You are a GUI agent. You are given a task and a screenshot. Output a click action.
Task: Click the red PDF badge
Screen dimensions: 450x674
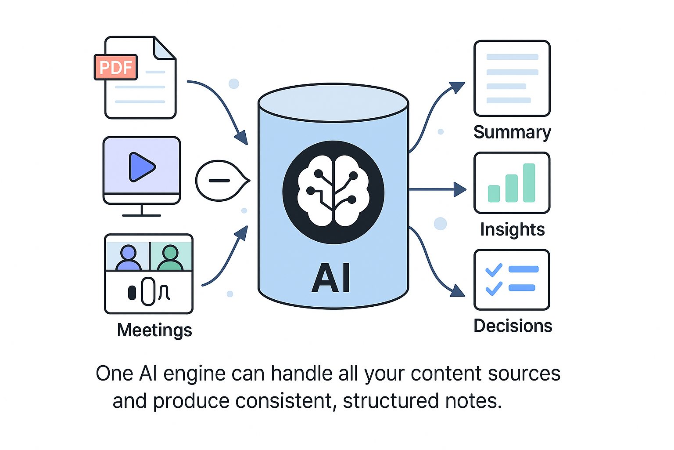(x=116, y=67)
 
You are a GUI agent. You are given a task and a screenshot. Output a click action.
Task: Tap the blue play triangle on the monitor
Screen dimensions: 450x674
(x=141, y=167)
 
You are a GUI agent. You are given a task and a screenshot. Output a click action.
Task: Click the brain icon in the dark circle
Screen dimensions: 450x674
(x=333, y=192)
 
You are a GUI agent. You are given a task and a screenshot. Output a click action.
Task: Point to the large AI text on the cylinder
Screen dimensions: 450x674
(x=331, y=278)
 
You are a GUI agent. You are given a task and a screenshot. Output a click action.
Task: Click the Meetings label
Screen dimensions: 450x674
(x=154, y=330)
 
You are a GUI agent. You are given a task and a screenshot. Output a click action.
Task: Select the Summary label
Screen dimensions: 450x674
(x=512, y=132)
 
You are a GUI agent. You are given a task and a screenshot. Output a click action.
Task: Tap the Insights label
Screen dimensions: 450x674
(x=512, y=229)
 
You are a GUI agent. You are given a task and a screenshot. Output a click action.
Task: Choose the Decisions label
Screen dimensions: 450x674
(x=513, y=326)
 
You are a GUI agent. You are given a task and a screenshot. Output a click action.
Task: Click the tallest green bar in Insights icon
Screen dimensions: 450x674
(x=529, y=183)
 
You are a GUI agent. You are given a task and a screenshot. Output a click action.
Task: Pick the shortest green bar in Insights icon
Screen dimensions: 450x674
(x=494, y=193)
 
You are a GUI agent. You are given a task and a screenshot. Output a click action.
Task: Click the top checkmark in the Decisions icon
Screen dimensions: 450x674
(x=494, y=270)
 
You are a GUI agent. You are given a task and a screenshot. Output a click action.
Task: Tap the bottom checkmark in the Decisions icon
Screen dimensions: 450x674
(x=494, y=288)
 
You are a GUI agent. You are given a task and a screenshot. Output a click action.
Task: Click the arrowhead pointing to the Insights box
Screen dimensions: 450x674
(x=459, y=189)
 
